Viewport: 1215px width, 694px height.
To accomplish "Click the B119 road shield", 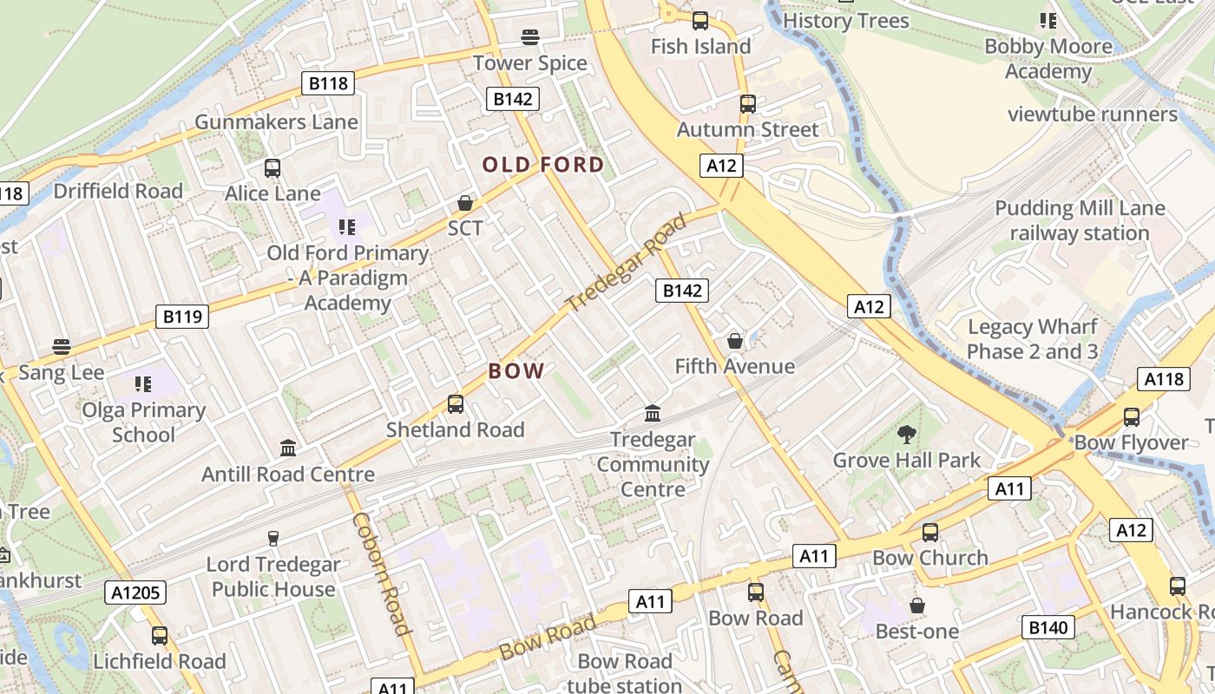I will [182, 317].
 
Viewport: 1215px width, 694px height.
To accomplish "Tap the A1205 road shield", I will [135, 593].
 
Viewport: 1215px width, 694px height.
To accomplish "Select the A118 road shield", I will [1163, 379].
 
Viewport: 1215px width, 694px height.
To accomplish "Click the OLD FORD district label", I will [543, 165].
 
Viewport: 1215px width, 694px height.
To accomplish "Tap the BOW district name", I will [516, 371].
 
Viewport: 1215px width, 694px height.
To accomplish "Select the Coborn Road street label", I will [381, 573].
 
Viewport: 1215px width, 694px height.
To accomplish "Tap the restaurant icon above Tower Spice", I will [530, 37].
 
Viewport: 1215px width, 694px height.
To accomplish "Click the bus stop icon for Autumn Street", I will [748, 104].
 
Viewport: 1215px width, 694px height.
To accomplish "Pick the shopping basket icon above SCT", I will [465, 203].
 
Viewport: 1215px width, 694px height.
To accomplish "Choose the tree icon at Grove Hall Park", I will [907, 434].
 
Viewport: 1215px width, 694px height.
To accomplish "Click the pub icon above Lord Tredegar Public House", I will [273, 538].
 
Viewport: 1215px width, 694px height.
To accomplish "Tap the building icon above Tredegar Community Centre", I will [653, 413].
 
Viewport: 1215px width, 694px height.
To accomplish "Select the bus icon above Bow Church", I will [930, 532].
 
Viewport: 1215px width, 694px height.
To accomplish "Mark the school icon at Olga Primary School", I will [143, 383].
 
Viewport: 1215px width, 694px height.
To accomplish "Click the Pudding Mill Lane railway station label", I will [1080, 220].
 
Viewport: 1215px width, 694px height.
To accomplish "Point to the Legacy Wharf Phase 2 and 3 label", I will [1032, 339].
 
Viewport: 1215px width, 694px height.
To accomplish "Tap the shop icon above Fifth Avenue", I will [735, 340].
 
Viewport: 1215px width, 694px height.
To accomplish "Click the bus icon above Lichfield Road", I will [160, 635].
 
